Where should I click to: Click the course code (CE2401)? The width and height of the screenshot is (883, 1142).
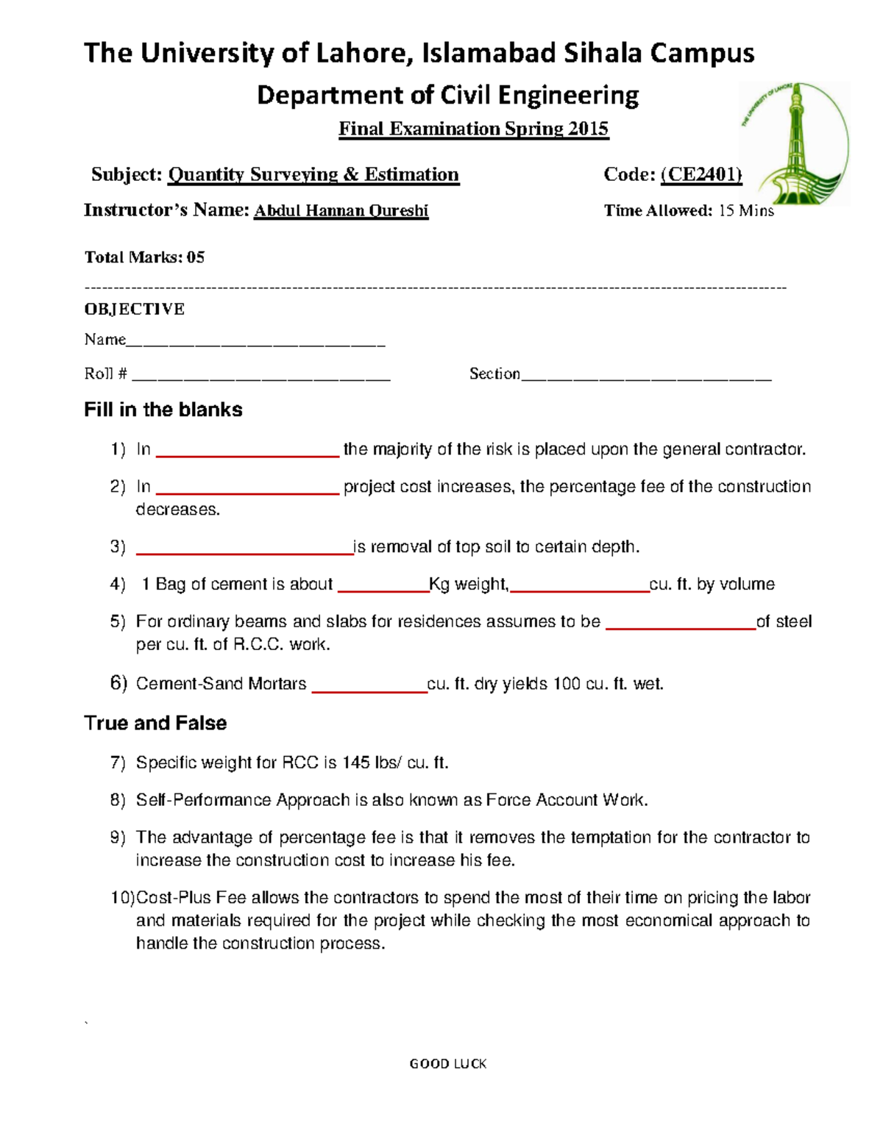[x=701, y=174]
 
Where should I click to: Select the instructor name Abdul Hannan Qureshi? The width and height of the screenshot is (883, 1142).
[x=341, y=211]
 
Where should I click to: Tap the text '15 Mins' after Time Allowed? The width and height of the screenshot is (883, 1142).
[x=745, y=211]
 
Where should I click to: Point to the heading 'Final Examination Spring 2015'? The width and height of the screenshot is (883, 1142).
[x=473, y=129]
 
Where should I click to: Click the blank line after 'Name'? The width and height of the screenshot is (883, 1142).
[x=255, y=341]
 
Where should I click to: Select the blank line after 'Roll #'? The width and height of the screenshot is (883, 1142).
[x=260, y=376]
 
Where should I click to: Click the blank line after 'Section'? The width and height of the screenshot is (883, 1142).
[x=645, y=376]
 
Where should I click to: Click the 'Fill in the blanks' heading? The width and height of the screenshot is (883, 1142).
[x=163, y=410]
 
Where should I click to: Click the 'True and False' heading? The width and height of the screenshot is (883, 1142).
[x=155, y=723]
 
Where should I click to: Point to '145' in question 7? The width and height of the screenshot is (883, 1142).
[x=355, y=763]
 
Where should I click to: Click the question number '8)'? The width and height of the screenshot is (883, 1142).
[x=118, y=800]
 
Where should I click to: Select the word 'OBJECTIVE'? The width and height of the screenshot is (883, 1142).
[x=134, y=309]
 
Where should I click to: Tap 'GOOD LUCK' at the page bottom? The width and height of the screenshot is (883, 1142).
[x=447, y=1063]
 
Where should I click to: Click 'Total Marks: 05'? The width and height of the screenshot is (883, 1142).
[x=144, y=257]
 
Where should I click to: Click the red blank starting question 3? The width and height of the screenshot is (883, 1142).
[x=244, y=551]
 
